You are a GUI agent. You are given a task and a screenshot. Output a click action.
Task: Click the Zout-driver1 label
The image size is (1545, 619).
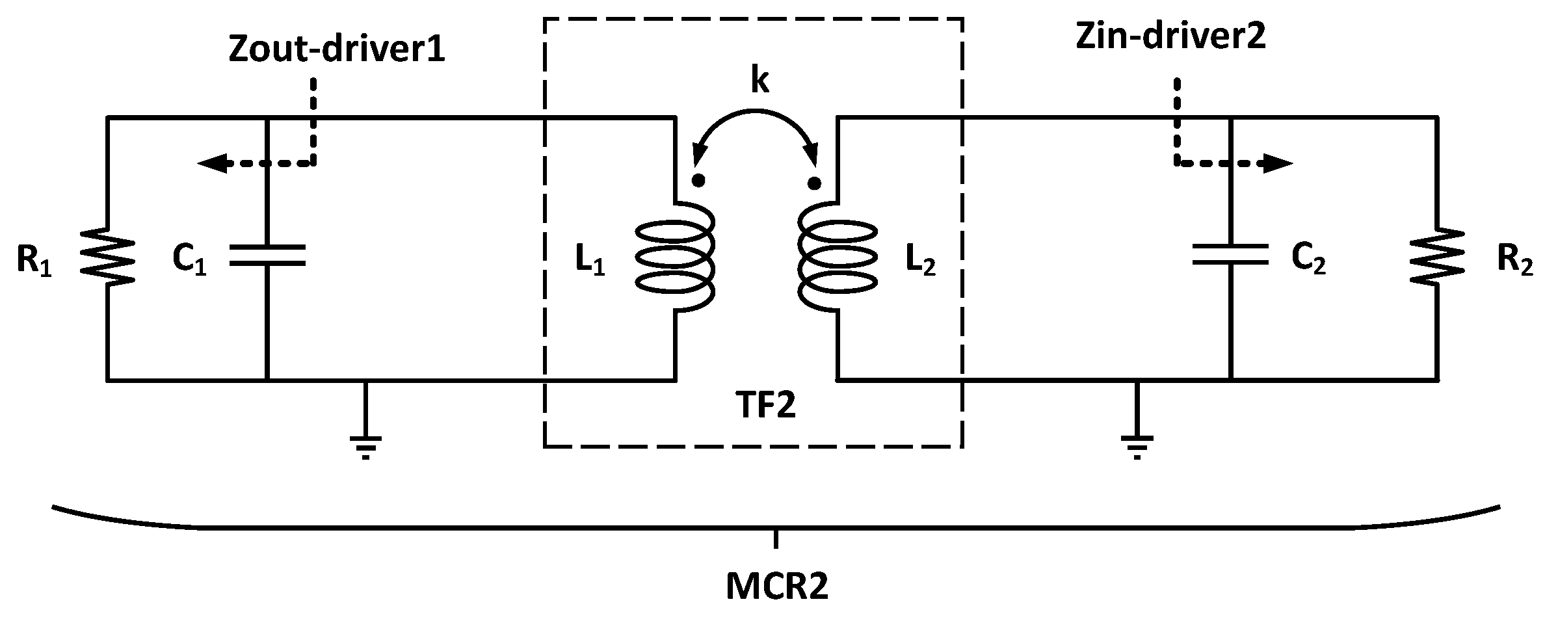[337, 50]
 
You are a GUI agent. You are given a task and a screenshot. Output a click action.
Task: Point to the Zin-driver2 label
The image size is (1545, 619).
[1170, 37]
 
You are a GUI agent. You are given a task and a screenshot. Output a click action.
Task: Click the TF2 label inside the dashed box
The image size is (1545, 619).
[765, 406]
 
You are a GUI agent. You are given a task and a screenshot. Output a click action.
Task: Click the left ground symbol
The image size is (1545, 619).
[365, 445]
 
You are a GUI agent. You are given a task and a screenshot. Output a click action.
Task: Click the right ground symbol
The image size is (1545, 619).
[1137, 445]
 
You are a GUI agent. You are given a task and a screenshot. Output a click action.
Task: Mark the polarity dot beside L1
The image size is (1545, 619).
[698, 181]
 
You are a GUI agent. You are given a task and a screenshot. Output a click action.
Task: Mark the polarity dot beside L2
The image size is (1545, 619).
[813, 183]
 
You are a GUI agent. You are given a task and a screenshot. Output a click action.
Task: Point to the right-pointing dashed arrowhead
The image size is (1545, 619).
[1278, 164]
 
